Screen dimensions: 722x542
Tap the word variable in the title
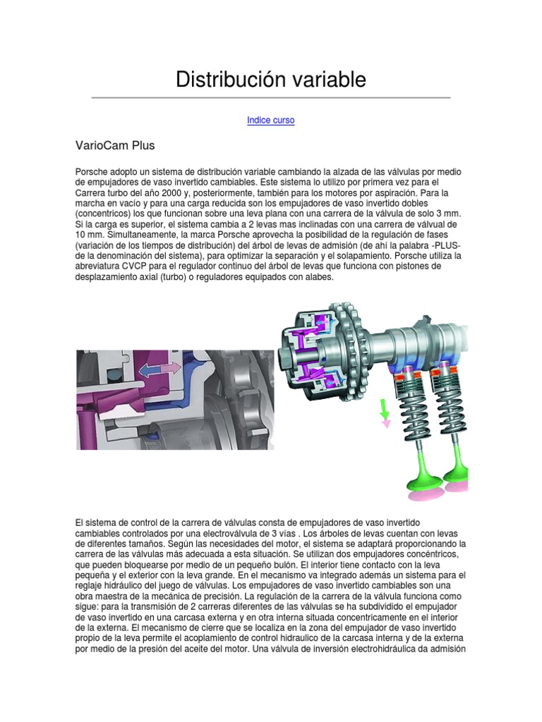click(329, 80)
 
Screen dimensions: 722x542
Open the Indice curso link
click(271, 121)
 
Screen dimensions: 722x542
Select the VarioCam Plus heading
click(115, 146)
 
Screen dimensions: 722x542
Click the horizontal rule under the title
click(271, 97)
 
